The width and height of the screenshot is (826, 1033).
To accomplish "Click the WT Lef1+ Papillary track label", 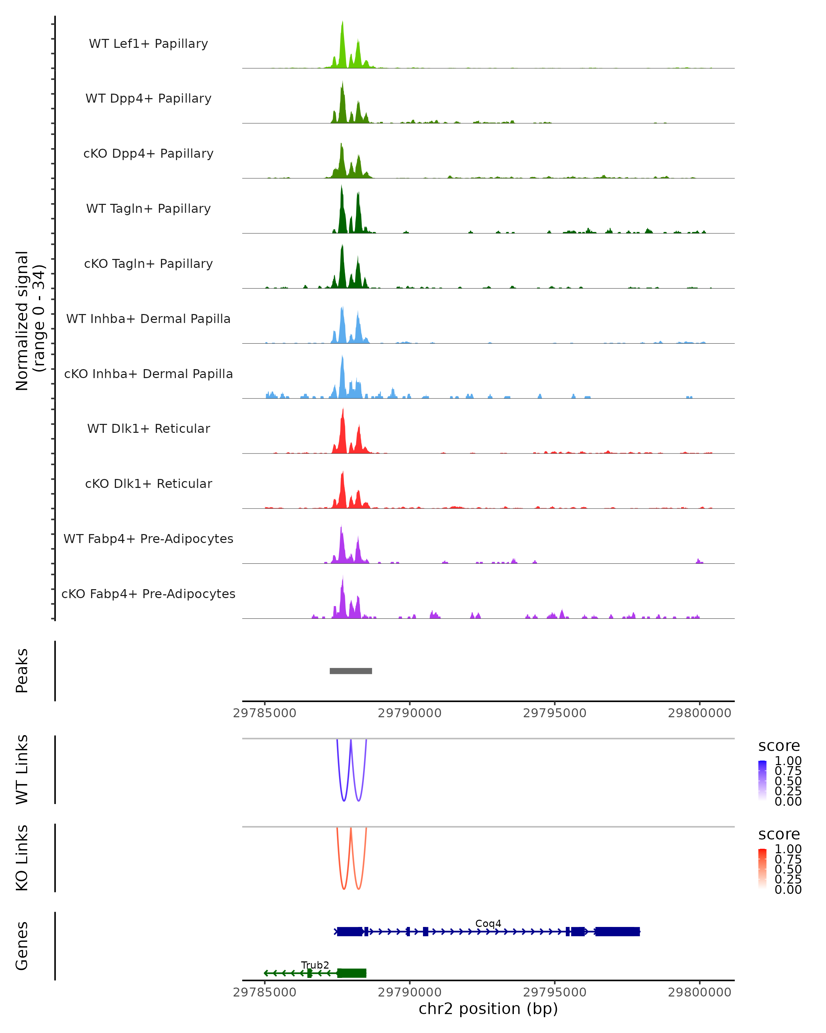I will (x=148, y=44).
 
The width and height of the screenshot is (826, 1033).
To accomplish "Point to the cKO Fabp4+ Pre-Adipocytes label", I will (x=148, y=594).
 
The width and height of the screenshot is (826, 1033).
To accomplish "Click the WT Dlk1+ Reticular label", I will (x=148, y=428).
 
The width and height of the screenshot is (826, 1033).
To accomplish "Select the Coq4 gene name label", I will (x=488, y=923).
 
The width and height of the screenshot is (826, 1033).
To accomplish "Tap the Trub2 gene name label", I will (x=315, y=965).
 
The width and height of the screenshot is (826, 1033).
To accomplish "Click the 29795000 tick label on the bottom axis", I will (x=554, y=992).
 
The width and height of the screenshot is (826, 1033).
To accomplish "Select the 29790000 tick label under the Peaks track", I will (x=410, y=713).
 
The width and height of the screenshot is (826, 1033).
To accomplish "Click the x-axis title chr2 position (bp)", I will (x=488, y=1009).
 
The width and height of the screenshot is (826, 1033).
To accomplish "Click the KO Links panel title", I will (x=22, y=858).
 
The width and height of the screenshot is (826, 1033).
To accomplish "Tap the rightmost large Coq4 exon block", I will (x=617, y=931).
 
